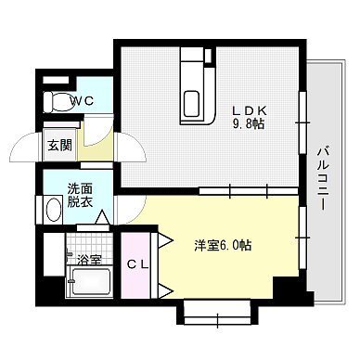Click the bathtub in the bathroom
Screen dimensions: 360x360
[88, 280]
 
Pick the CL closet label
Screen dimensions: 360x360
[137, 263]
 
